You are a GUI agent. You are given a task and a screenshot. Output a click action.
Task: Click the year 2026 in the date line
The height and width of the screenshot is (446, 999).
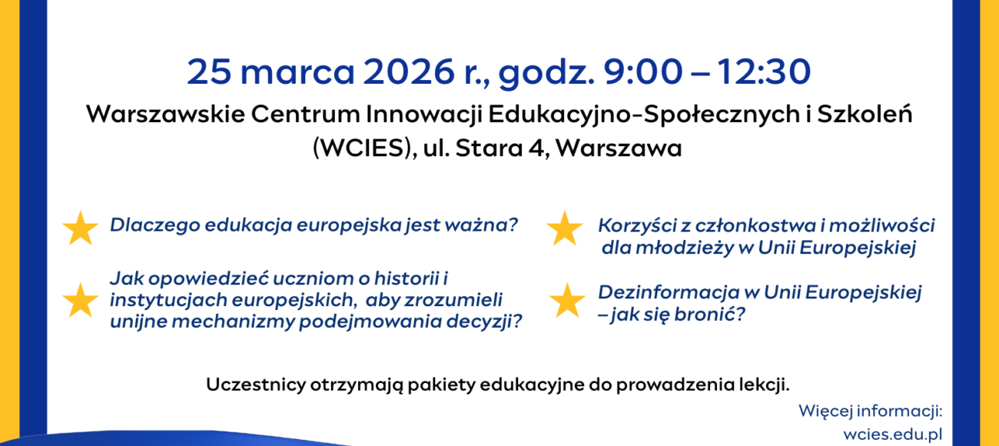coord(409,72)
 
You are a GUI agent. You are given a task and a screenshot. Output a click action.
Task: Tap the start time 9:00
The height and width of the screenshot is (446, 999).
coord(642,72)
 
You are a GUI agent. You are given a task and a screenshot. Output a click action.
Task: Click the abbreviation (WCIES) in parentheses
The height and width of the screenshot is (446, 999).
coord(362,148)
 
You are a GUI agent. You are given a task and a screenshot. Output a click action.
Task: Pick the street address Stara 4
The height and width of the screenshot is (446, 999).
coord(500,148)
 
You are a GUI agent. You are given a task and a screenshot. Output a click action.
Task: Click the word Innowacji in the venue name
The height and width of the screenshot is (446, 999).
coord(424,115)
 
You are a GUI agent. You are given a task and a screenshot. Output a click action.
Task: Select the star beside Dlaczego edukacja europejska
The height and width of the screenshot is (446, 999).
coord(80,228)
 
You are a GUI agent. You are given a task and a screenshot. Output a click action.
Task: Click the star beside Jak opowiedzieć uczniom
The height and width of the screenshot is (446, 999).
coord(80,300)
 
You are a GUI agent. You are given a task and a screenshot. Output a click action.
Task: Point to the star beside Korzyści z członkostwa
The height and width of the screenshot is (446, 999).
coord(565,228)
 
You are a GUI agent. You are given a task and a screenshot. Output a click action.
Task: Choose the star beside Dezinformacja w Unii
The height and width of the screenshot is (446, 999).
coord(567,300)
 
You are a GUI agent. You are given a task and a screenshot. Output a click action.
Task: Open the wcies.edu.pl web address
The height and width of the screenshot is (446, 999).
coord(893,434)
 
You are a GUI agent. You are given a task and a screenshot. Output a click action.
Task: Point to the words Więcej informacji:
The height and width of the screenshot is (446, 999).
coord(871,411)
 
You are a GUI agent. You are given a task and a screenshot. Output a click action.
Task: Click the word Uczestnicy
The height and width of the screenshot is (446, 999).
coord(256,384)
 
